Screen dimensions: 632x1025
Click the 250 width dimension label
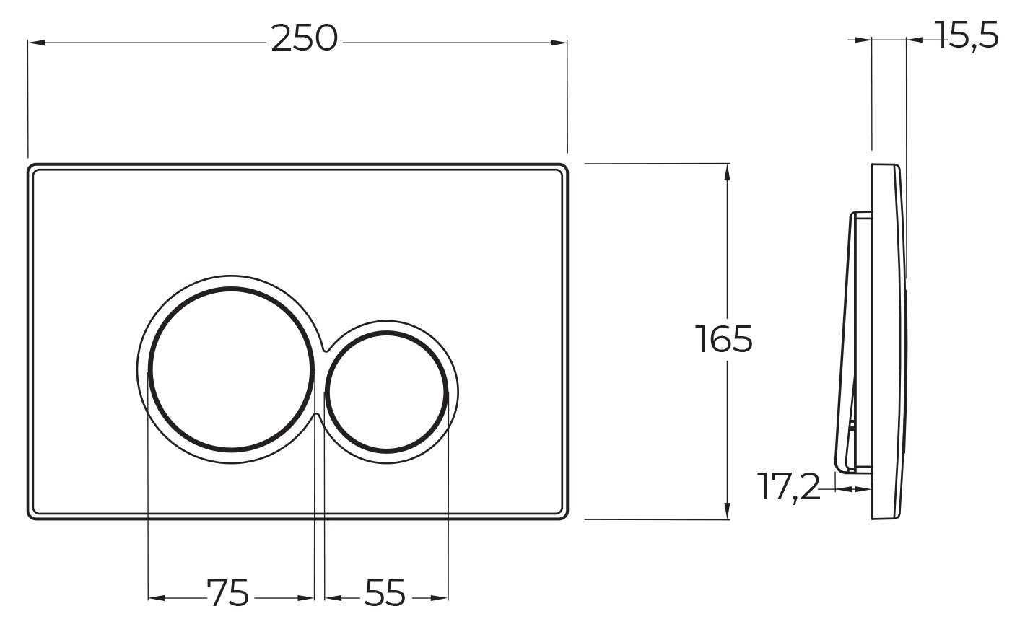(304, 40)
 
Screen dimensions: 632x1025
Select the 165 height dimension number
(724, 340)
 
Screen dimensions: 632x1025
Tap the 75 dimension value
(228, 593)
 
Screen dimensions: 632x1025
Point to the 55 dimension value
(385, 593)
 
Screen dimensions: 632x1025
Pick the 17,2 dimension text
(789, 488)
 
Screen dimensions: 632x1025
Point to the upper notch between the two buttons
(319, 348)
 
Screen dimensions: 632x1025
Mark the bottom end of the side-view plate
(886, 516)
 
